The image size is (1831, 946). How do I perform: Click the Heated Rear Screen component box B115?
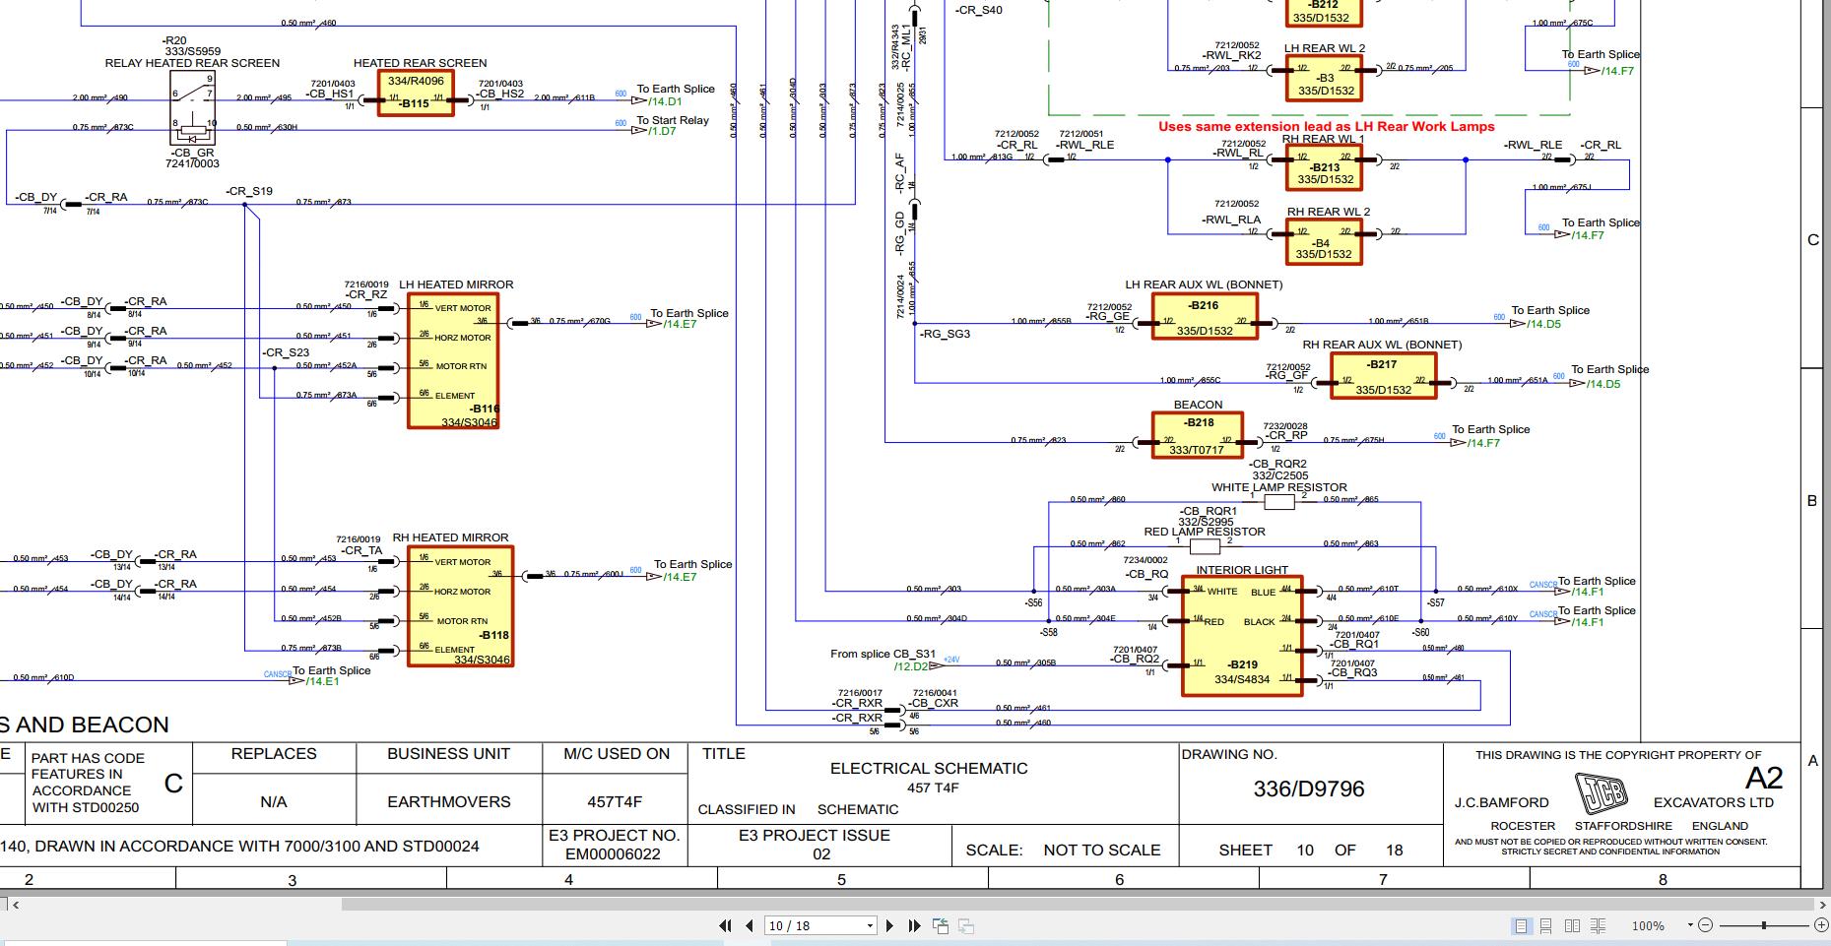(415, 94)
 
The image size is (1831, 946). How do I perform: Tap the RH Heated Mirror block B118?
(460, 606)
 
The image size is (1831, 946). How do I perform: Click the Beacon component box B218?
(1198, 435)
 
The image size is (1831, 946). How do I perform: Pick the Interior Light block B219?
(1241, 636)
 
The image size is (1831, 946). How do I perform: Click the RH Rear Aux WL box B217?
(1382, 376)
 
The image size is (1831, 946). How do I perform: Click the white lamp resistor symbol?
(1277, 502)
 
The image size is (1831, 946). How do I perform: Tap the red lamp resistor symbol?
(1204, 546)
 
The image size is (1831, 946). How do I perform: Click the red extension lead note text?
(1326, 127)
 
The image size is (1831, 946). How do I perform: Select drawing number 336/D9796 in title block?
(1308, 789)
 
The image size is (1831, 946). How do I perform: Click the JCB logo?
(1601, 793)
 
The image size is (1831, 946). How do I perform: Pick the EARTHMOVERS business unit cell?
(448, 802)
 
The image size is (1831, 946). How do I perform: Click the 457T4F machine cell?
(616, 802)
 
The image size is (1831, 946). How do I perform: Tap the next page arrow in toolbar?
(889, 925)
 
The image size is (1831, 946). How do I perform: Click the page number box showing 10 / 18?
(819, 925)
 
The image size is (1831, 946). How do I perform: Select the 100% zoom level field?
(1649, 925)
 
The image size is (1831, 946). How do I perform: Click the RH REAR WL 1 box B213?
(1325, 169)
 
